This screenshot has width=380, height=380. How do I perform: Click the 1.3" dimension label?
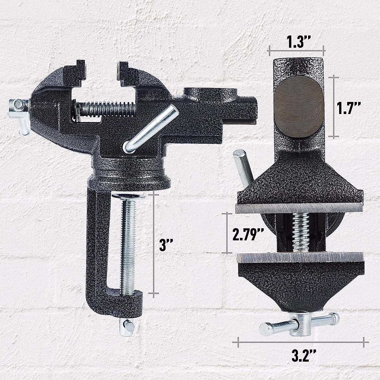[x=296, y=42]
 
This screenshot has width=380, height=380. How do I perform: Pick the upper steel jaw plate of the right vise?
[x=299, y=208]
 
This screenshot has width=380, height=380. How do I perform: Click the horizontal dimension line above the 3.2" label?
[x=301, y=342]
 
